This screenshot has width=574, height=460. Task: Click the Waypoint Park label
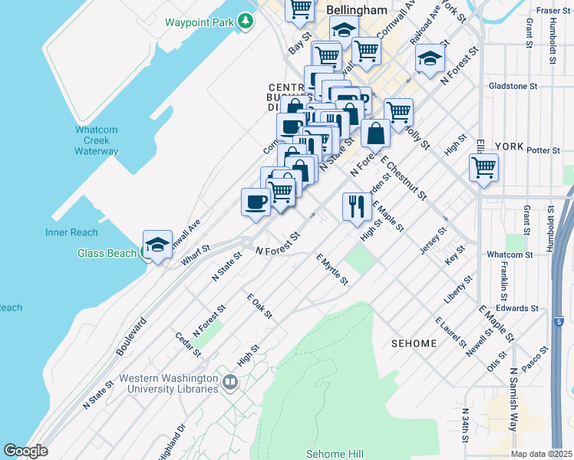point(199,22)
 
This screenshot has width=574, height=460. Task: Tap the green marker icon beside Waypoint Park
point(245,21)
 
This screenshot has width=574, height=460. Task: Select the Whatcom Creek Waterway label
point(97,140)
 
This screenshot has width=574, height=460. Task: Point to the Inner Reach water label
point(71,232)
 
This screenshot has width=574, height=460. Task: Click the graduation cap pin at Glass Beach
point(157,245)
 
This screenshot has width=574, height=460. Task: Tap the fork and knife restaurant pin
point(357,206)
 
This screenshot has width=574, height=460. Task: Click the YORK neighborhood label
point(509,146)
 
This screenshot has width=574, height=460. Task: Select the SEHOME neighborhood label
point(414,343)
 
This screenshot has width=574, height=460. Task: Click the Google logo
point(25,451)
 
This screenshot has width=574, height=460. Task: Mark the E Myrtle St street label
point(332,269)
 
